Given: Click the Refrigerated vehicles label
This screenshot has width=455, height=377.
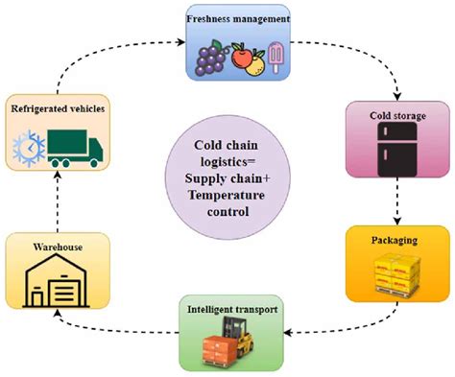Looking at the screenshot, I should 58,108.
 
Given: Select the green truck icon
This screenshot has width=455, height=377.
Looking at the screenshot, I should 77,149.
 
